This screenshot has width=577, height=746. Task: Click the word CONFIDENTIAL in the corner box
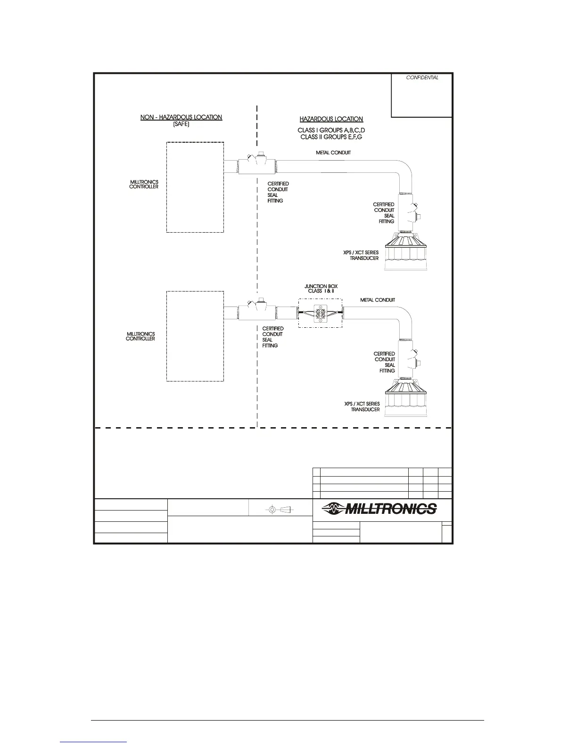click(x=422, y=78)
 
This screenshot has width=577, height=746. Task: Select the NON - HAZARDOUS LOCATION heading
click(x=181, y=117)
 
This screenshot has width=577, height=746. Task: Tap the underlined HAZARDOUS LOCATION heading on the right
click(x=331, y=119)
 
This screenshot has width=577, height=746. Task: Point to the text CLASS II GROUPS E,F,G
click(x=331, y=137)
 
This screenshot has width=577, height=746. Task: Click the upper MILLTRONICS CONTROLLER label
click(x=144, y=184)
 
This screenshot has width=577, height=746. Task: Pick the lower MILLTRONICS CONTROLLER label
click(x=140, y=336)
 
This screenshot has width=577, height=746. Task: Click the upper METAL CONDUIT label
click(x=333, y=153)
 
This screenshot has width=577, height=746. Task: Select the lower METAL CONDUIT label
click(x=378, y=300)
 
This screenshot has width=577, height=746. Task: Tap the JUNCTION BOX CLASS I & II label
click(x=321, y=289)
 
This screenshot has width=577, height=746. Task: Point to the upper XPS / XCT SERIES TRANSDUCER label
click(x=361, y=255)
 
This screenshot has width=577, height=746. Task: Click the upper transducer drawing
click(x=407, y=253)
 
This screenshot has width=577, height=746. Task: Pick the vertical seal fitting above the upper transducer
click(x=408, y=213)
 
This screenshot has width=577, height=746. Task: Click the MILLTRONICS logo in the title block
click(x=379, y=509)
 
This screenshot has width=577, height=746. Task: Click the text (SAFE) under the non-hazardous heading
click(x=181, y=124)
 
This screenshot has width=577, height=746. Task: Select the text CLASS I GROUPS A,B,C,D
click(x=331, y=130)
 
